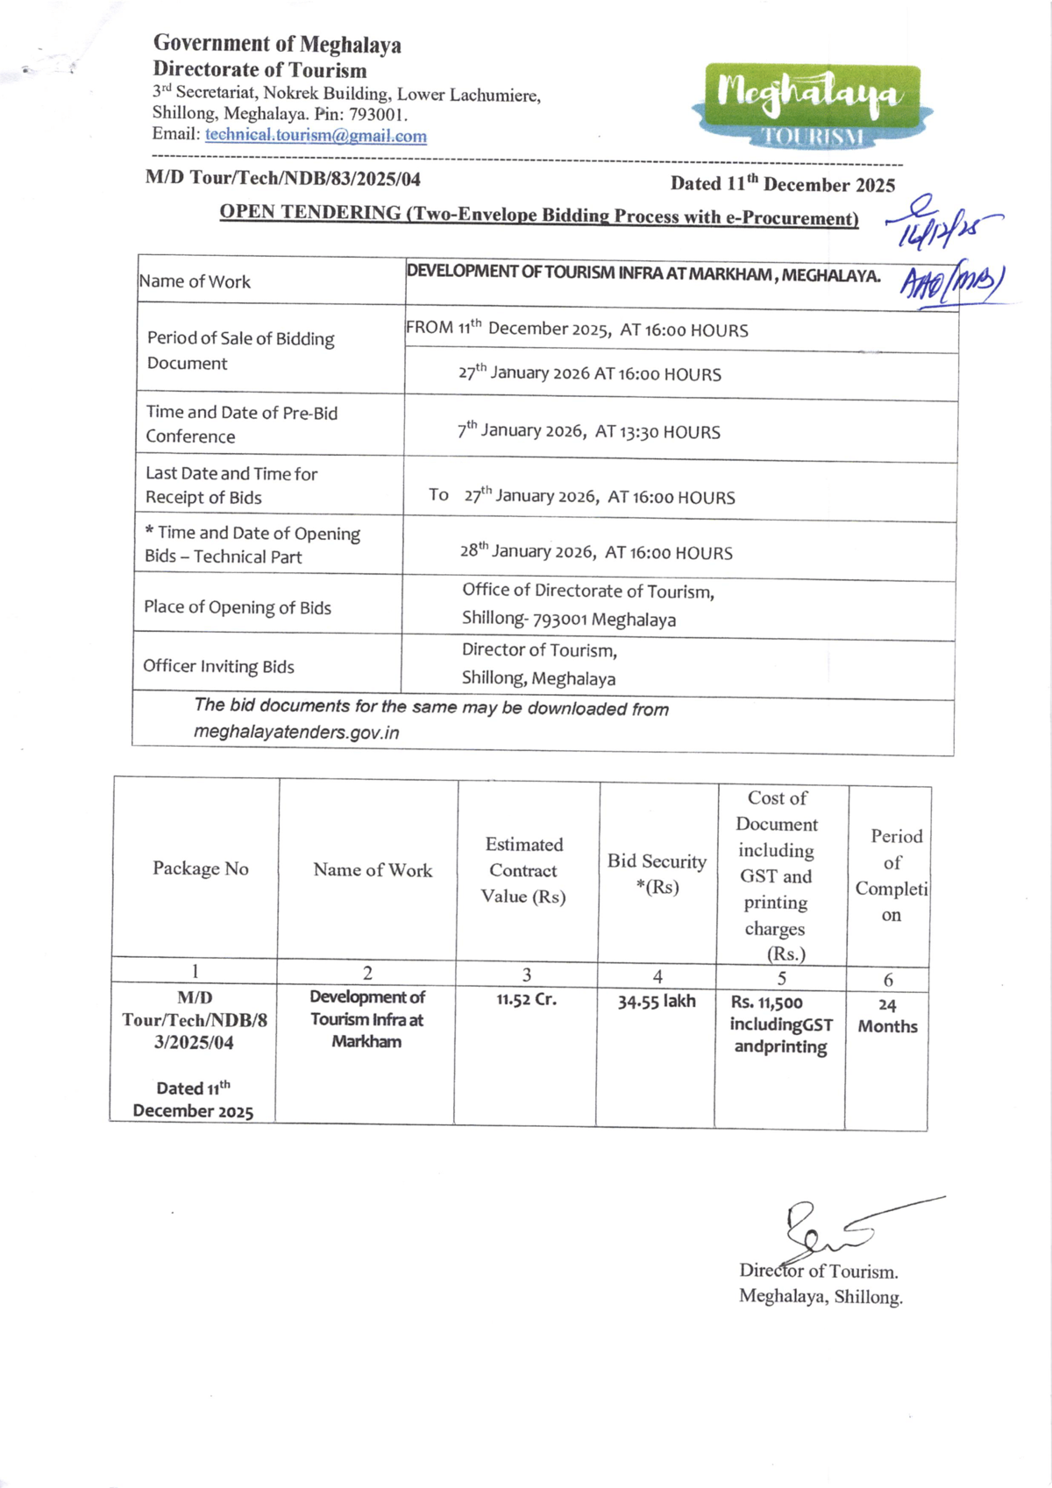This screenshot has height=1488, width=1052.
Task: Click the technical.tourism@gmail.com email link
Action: [316, 136]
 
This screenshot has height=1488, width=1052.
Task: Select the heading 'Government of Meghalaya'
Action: [277, 44]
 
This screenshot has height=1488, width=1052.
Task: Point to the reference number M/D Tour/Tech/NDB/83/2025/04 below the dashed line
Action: [283, 179]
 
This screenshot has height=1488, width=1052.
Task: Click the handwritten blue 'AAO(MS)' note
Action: [952, 283]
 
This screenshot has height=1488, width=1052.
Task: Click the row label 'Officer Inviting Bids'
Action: [218, 666]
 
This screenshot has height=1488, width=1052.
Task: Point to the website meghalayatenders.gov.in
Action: [296, 733]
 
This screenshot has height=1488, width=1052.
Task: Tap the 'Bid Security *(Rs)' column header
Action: [657, 873]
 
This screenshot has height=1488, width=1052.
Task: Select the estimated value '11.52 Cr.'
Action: [526, 999]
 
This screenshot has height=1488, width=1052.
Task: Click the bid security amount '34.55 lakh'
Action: [657, 1002]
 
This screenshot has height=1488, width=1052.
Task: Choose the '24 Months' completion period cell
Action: [887, 1016]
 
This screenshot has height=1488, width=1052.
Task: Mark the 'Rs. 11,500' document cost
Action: [766, 1003]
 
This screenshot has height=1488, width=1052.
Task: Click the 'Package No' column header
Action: [201, 868]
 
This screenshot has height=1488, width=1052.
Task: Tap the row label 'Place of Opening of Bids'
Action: [237, 607]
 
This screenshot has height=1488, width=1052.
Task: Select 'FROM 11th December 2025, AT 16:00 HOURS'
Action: [577, 329]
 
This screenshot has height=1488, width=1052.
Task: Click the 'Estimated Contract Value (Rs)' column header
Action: [523, 870]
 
